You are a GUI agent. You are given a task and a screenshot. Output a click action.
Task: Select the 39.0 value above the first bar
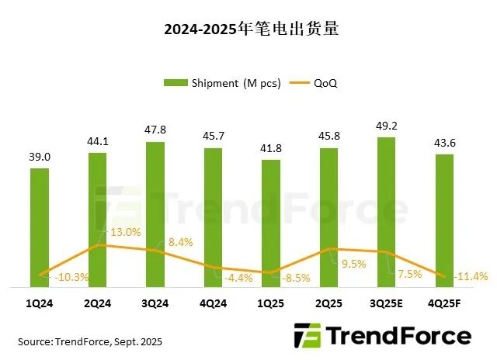click(40, 157)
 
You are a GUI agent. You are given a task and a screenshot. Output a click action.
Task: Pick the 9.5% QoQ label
click(353, 263)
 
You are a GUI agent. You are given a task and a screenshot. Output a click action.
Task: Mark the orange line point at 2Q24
click(98, 245)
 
